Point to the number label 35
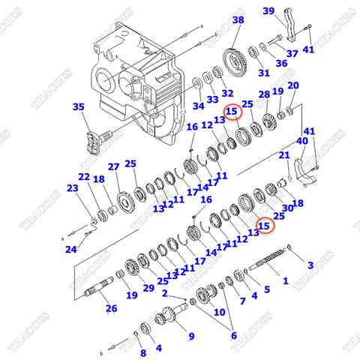(79, 108)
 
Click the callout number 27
(113, 166)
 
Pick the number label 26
(110, 307)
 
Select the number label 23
(72, 189)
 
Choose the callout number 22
(84, 177)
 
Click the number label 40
(301, 141)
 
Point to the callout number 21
(284, 155)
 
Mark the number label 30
(287, 208)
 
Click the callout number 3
(310, 265)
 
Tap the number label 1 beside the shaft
(284, 281)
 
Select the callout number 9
(190, 335)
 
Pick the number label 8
(142, 352)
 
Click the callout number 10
(220, 311)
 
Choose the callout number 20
(292, 85)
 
